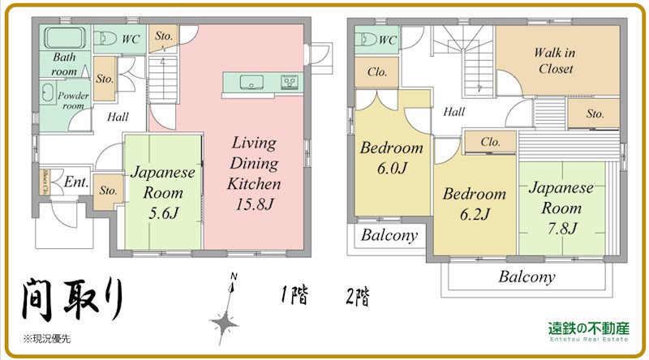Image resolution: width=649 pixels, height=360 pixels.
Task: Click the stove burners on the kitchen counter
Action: coord(290,82)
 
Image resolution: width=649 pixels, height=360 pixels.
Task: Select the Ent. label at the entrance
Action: coord(77,182)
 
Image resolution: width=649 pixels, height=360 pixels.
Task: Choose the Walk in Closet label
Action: coord(555,61)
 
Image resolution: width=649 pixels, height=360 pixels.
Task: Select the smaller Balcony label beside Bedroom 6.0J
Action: coord(389,236)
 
